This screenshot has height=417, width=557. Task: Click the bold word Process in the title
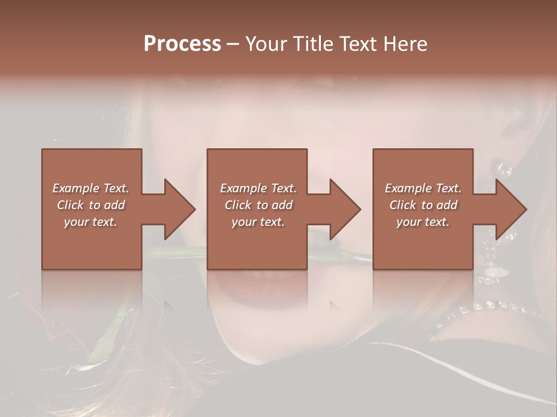[182, 44]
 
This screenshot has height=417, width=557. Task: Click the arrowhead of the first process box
[177, 209]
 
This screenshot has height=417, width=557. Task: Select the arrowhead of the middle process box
[342, 209]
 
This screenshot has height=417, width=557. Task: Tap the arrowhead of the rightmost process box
[508, 209]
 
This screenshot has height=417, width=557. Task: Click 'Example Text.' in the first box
[91, 188]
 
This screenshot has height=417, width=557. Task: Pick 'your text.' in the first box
[91, 222]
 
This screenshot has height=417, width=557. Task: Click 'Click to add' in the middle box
[258, 205]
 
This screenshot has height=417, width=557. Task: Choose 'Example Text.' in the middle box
[258, 188]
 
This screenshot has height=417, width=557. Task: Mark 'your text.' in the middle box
[258, 222]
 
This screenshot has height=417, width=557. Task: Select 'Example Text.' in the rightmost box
[423, 188]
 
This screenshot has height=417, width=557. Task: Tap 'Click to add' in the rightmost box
[423, 205]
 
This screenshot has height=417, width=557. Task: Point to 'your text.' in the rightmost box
[423, 222]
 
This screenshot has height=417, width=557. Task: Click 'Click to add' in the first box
[91, 205]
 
